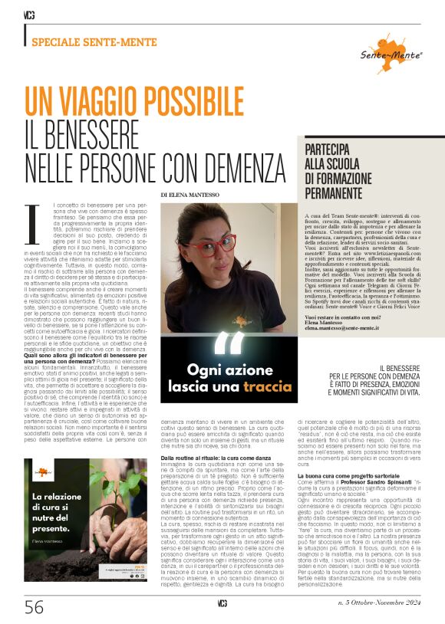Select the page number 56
click(34, 608)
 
